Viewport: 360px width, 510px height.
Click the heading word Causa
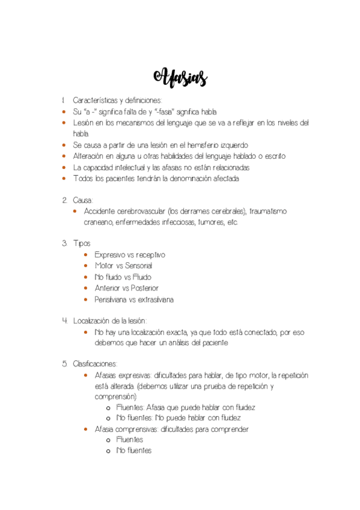pyautogui.click(x=82, y=200)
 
